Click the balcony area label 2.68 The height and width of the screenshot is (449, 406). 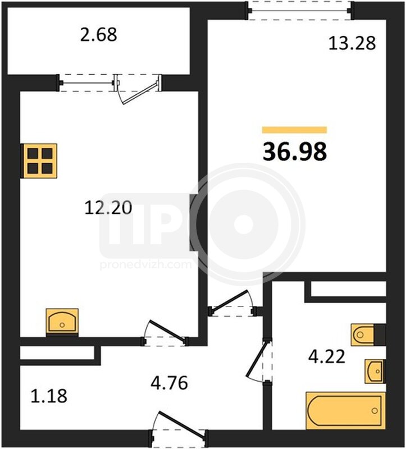click(98, 35)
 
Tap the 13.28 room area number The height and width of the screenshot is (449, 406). click(352, 44)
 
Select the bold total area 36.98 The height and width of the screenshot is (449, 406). click(295, 152)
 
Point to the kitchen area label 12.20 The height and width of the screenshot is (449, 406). click(108, 208)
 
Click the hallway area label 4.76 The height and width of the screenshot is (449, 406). click(170, 383)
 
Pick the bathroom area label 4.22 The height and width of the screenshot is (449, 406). click(327, 357)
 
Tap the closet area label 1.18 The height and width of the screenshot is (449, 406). click(49, 396)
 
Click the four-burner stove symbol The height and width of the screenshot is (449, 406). click(39, 161)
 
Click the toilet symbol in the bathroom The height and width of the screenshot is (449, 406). click(368, 335)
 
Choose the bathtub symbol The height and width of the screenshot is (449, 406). click(346, 411)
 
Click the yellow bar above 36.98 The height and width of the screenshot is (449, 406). click(295, 130)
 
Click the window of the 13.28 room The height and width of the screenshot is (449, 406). click(300, 11)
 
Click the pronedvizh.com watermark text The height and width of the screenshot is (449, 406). click(145, 264)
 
